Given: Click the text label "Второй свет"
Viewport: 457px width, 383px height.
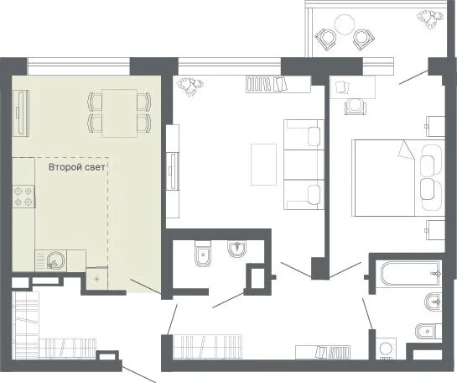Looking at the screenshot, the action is [76, 167].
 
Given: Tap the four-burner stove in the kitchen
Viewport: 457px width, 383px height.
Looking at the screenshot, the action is [23, 197].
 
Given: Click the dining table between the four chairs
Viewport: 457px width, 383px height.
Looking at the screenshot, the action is [120, 113].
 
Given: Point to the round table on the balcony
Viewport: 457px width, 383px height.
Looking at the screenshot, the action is [345, 25].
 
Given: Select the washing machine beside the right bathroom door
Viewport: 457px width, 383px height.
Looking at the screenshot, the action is [386, 349].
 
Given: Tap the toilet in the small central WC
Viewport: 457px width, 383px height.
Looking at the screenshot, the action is [203, 254].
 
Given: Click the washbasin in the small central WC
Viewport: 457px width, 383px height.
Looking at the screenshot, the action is [236, 249].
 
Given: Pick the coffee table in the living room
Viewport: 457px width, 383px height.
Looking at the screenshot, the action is [263, 165].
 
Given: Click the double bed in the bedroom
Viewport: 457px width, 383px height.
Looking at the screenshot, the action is [398, 178].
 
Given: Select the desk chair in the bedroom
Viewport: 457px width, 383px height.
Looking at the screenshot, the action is [354, 107].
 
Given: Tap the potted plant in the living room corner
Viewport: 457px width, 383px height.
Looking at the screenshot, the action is [190, 87].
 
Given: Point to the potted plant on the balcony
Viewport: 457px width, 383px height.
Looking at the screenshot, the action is [430, 18].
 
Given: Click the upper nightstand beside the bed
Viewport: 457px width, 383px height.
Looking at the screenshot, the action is [435, 126].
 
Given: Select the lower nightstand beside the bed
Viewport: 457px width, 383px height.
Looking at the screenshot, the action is [435, 230].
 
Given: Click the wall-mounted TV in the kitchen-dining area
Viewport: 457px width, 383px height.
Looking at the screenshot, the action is [20, 113].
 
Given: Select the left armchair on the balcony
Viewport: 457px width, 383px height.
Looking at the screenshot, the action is [326, 39].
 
